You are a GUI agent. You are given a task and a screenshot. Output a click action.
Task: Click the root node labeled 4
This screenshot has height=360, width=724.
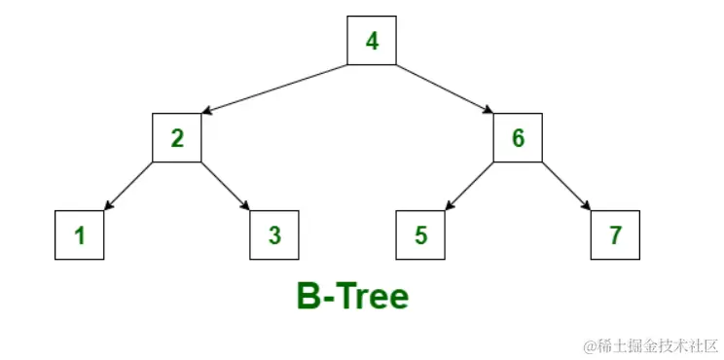pyautogui.click(x=372, y=41)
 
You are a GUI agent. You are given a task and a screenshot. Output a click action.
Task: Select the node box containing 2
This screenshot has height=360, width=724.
pyautogui.click(x=177, y=138)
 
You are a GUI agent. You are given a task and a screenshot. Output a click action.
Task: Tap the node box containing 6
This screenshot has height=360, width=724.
pyautogui.click(x=518, y=138)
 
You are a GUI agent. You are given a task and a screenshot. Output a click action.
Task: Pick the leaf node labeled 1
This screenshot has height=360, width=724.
pyautogui.click(x=80, y=235)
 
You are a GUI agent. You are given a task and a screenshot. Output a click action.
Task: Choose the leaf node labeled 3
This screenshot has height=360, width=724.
pyautogui.click(x=274, y=235)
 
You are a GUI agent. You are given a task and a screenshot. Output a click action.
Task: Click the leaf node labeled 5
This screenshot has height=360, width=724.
pyautogui.click(x=420, y=235)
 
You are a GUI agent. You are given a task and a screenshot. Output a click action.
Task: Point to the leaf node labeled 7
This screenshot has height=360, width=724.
pyautogui.click(x=615, y=235)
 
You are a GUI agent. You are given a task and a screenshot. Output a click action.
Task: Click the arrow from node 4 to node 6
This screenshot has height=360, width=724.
pyautogui.click(x=445, y=90)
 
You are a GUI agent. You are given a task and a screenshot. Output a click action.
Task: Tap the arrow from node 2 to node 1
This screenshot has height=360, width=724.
pyautogui.click(x=128, y=187)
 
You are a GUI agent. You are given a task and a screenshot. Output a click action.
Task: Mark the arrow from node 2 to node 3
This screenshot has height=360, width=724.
pyautogui.click(x=226, y=187)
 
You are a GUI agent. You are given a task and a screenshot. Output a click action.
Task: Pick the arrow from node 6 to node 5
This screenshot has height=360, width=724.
pyautogui.click(x=469, y=187)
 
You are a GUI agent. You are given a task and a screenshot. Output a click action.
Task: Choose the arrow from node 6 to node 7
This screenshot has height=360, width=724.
pyautogui.click(x=566, y=187)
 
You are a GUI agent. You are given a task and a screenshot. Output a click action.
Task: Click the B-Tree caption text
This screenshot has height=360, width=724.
pyautogui.click(x=352, y=296)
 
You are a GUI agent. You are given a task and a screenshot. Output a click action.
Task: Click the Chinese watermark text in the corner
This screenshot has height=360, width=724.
pyautogui.click(x=657, y=345)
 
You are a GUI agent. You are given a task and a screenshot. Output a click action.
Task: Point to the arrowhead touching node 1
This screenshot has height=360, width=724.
pyautogui.click(x=107, y=206)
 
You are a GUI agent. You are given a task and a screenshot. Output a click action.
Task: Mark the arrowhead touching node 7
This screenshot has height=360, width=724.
pyautogui.click(x=588, y=206)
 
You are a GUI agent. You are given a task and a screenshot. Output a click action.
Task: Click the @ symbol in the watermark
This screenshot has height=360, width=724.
pyautogui.click(x=590, y=345)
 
